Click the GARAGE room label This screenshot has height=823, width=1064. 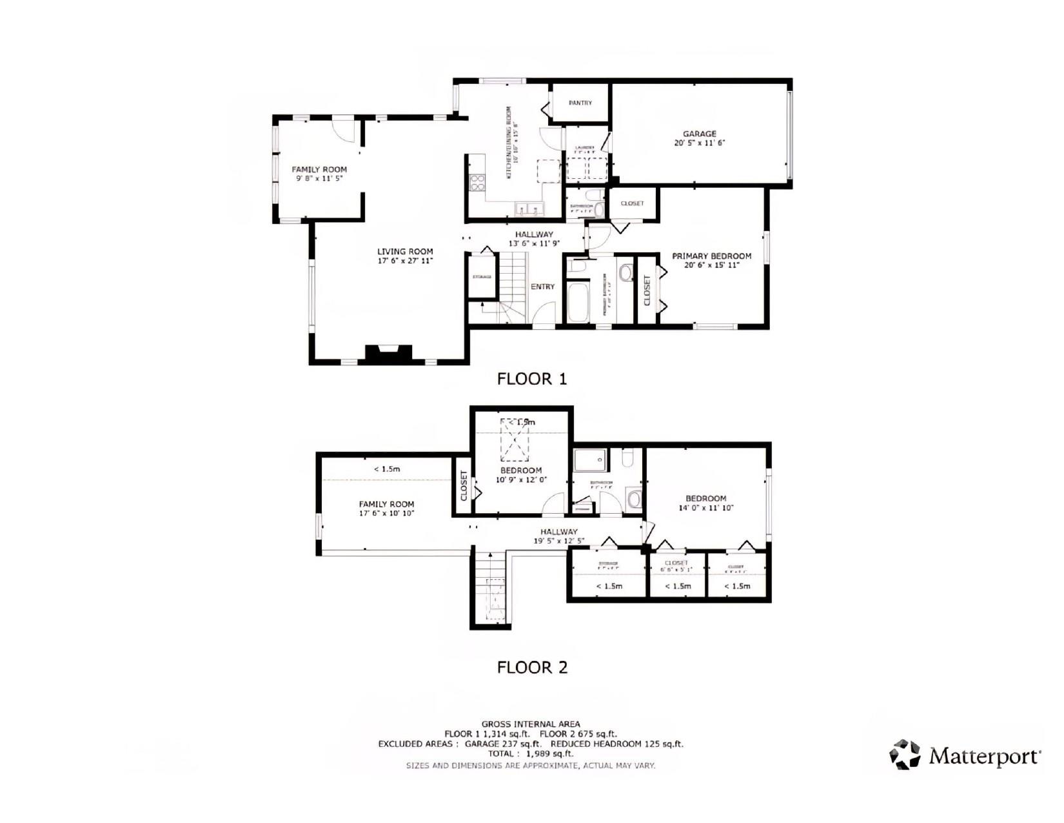coord(700,134)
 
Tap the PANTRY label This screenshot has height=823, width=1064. coord(580,103)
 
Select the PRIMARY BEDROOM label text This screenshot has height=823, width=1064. coord(711,256)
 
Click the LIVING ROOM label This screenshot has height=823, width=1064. coord(405,252)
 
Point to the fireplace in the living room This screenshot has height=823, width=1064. coord(388,354)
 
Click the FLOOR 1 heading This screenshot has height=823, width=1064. coord(531,379)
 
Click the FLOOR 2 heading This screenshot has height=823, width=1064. coord(532,667)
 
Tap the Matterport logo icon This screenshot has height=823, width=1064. coord(905,754)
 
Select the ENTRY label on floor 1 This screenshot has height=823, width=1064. coord(542,287)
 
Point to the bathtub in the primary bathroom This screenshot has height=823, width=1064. coord(578,301)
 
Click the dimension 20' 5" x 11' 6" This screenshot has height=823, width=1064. coord(700,143)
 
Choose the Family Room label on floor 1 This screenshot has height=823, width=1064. coord(319,169)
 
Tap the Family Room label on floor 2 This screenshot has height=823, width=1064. coord(387,504)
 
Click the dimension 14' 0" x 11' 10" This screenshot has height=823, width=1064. coord(706,508)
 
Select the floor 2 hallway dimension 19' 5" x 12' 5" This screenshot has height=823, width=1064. coord(559,541)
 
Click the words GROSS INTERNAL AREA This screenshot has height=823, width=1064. coord(531,724)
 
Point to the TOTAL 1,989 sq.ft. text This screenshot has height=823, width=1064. coord(531,753)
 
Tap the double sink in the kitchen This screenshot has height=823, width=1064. coord(529,209)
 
